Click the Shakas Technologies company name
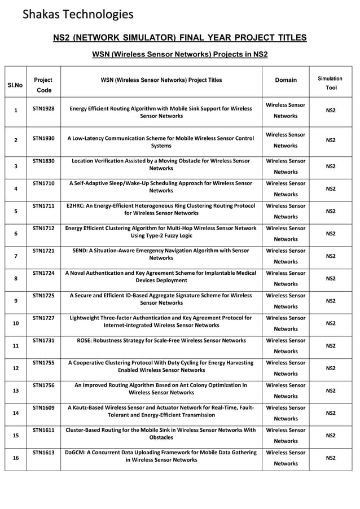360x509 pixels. coord(78,14)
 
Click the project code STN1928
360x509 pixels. coord(43,107)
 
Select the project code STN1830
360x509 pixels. coord(43,161)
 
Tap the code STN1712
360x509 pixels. coord(43,228)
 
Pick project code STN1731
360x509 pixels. coord(43,340)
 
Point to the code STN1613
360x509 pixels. coord(43,453)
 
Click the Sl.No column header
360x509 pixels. coord(15,85)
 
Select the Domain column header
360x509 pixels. coord(286,80)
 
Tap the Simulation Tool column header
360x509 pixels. coord(330,84)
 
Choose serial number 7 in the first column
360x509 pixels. coord(15,256)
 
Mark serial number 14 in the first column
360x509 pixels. coord(15,413)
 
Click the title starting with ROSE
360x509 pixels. coord(161,340)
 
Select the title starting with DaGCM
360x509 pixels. coord(161,456)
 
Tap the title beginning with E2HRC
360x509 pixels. coord(161,209)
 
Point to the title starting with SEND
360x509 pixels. coord(161,254)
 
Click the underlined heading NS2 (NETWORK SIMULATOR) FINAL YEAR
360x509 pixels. coord(179,38)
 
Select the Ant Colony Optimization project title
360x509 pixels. coord(161,388)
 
